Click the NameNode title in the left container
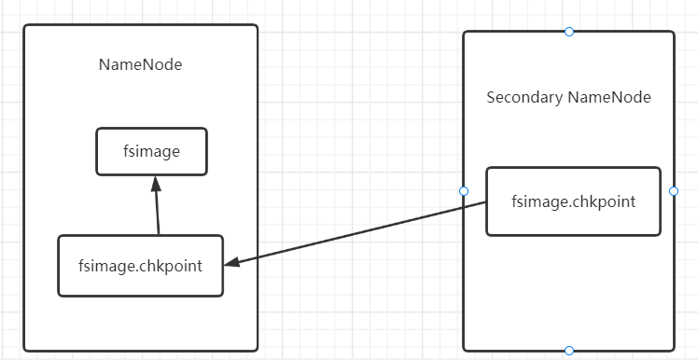(140, 65)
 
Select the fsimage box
(151, 151)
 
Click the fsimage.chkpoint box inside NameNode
(140, 266)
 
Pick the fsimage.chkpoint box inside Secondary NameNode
(573, 201)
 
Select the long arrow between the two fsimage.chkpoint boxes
(355, 234)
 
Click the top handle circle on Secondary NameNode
(569, 32)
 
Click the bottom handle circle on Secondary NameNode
(569, 351)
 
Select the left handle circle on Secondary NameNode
(464, 191)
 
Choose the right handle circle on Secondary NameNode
(674, 191)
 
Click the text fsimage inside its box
(151, 151)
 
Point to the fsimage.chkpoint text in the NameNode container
(140, 266)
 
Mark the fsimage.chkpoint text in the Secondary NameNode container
(573, 201)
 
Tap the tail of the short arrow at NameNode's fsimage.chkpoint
(159, 233)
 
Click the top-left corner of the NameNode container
(25, 26)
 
